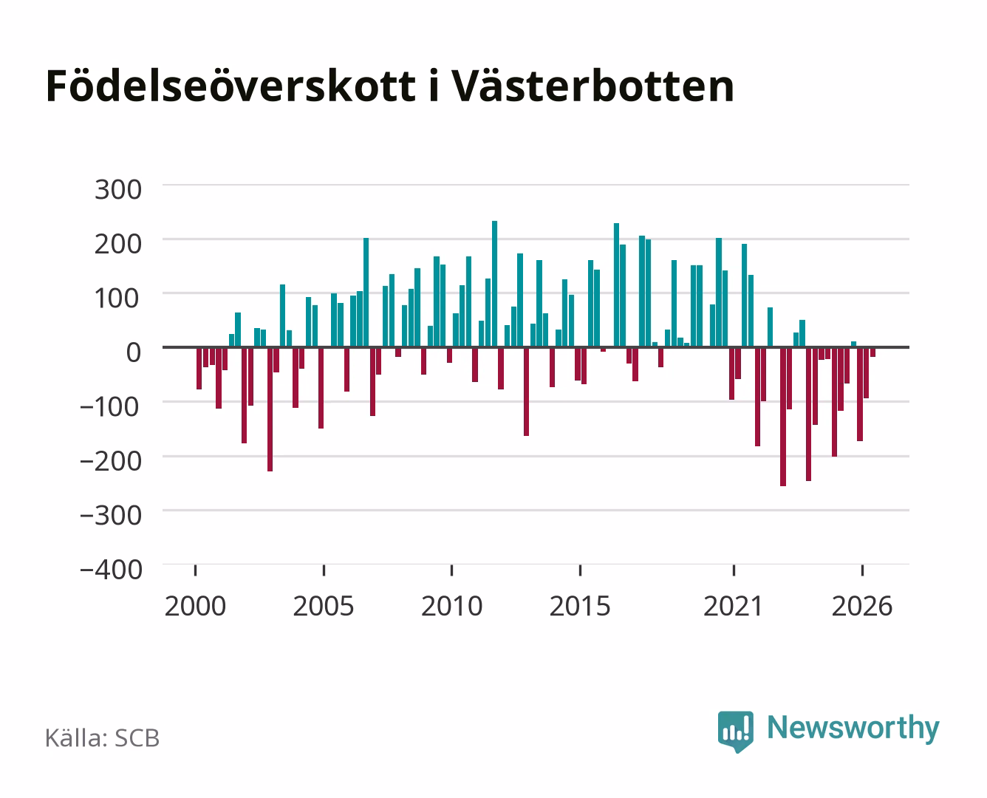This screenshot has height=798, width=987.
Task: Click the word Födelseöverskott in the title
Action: (230, 86)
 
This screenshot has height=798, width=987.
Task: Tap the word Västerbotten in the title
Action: (593, 86)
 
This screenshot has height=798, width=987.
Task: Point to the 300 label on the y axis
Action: (118, 190)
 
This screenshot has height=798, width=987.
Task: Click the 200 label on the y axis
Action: (118, 245)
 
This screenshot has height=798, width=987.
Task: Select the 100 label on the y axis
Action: (118, 299)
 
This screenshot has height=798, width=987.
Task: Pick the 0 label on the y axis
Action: (134, 352)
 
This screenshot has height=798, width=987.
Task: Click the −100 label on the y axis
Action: (110, 407)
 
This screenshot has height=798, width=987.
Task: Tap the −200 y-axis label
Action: (110, 461)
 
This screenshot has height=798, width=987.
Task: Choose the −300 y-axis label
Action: (110, 515)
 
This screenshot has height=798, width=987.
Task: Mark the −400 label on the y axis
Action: (110, 570)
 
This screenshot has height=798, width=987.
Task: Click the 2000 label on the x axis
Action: (195, 606)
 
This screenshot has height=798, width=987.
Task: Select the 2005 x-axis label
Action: (324, 606)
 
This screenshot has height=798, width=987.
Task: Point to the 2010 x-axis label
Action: (452, 606)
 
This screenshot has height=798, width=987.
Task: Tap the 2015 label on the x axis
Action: (580, 606)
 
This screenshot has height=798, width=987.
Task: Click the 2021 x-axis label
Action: (734, 606)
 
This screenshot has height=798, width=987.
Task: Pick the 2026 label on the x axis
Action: (862, 606)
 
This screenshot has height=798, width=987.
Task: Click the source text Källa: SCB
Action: (103, 737)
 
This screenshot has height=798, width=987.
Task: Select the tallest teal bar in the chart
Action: (494, 284)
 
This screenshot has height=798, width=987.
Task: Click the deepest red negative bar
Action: (783, 417)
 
